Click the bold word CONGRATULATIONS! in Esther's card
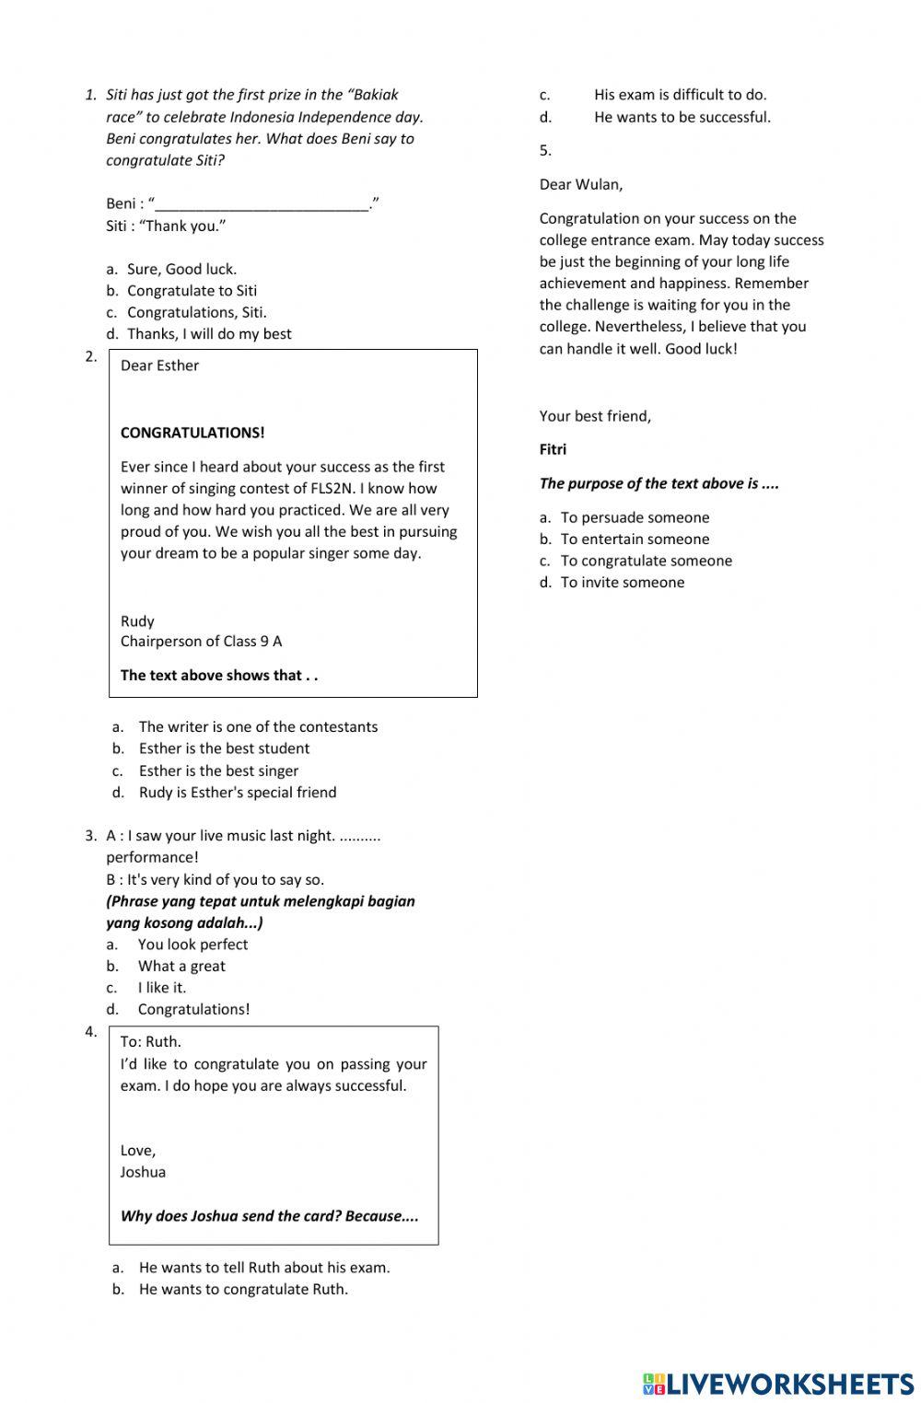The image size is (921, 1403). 192,433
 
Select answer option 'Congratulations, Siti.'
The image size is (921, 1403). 196,312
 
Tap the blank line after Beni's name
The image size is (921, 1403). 262,204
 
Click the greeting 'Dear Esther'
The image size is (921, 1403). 159,365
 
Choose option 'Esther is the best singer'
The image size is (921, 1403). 218,771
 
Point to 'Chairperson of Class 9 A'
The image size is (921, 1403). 201,641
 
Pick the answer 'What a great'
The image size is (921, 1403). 181,966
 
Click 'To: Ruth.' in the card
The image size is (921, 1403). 150,1042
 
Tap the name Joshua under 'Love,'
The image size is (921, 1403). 143,1172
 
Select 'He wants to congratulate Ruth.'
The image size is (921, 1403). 243,1289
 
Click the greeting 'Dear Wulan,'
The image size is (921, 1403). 580,184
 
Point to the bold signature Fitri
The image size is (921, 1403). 553,449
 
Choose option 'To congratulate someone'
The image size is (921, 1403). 646,561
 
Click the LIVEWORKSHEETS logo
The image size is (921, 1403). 777,1384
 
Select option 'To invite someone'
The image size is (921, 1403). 622,582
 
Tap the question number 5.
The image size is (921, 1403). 545,150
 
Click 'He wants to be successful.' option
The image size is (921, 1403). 682,117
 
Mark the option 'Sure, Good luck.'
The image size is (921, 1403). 181,269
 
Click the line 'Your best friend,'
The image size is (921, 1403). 595,416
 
